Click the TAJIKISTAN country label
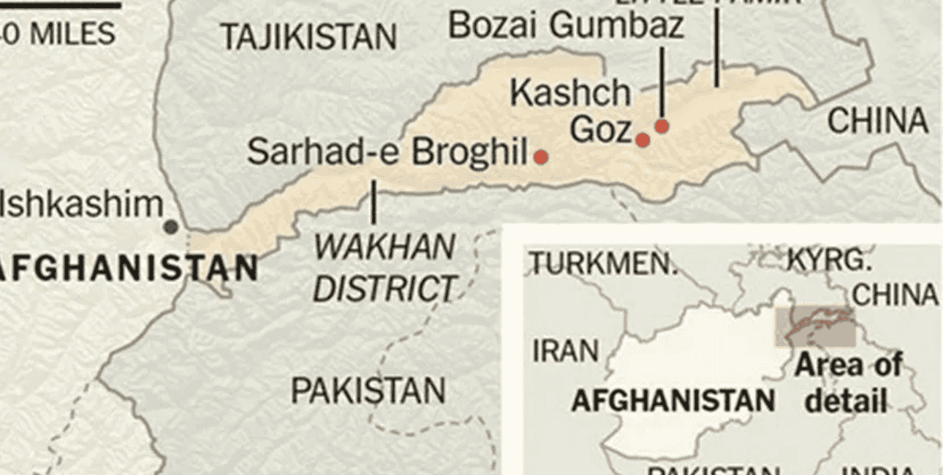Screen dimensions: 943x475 click(x=308, y=37)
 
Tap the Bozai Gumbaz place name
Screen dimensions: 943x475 click(x=566, y=26)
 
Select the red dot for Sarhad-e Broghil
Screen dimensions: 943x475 click(x=541, y=156)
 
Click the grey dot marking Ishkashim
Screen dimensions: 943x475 click(x=170, y=227)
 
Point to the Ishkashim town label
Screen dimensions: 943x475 click(x=80, y=204)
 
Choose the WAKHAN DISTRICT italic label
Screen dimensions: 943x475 click(x=385, y=268)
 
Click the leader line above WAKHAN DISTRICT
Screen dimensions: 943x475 click(x=374, y=202)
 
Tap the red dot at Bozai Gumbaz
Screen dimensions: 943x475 click(x=662, y=126)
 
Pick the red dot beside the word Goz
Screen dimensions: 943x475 click(x=643, y=140)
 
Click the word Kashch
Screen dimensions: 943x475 click(x=570, y=93)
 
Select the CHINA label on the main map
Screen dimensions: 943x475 click(x=878, y=121)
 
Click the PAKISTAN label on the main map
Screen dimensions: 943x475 click(x=368, y=391)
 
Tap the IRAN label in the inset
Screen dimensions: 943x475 click(x=564, y=351)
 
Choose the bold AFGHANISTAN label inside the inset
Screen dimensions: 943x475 click(x=673, y=400)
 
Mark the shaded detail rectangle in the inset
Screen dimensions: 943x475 click(x=814, y=327)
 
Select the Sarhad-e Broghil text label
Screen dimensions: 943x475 click(x=387, y=152)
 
